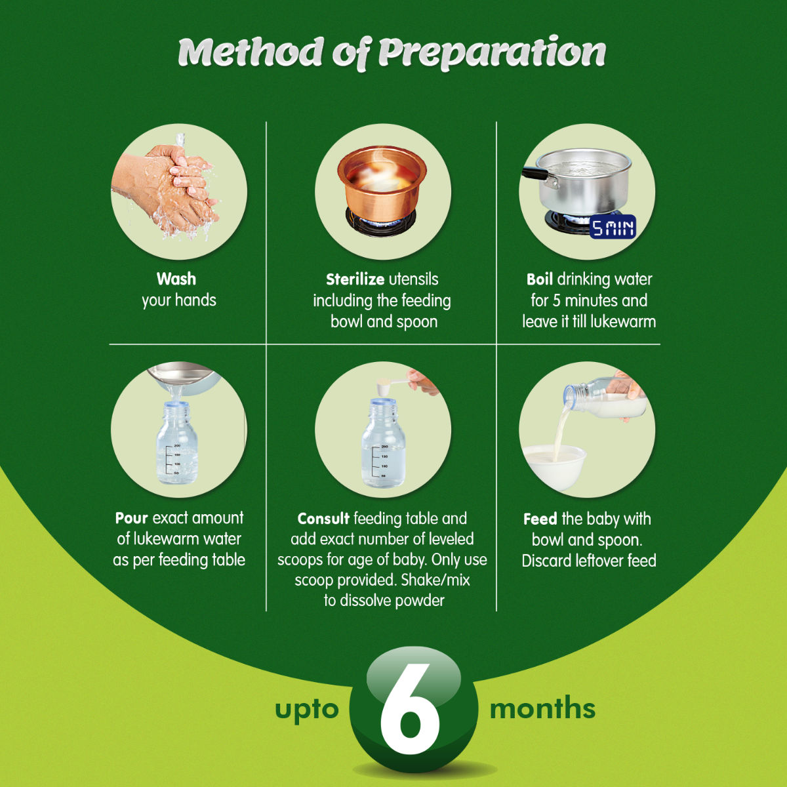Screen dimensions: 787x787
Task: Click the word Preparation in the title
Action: (x=492, y=52)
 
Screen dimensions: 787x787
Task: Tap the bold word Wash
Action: (x=176, y=279)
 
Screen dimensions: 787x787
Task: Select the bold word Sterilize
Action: (x=355, y=279)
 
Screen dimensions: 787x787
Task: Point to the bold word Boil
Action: (x=539, y=279)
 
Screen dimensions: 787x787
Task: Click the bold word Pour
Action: (x=131, y=518)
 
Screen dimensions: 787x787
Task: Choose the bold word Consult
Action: (x=323, y=519)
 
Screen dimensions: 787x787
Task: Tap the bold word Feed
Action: (x=540, y=519)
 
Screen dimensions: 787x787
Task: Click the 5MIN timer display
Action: (x=613, y=228)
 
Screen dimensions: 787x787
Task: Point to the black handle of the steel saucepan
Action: (x=535, y=174)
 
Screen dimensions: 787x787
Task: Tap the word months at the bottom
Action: (x=542, y=709)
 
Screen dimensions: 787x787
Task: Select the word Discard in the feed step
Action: (x=546, y=561)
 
